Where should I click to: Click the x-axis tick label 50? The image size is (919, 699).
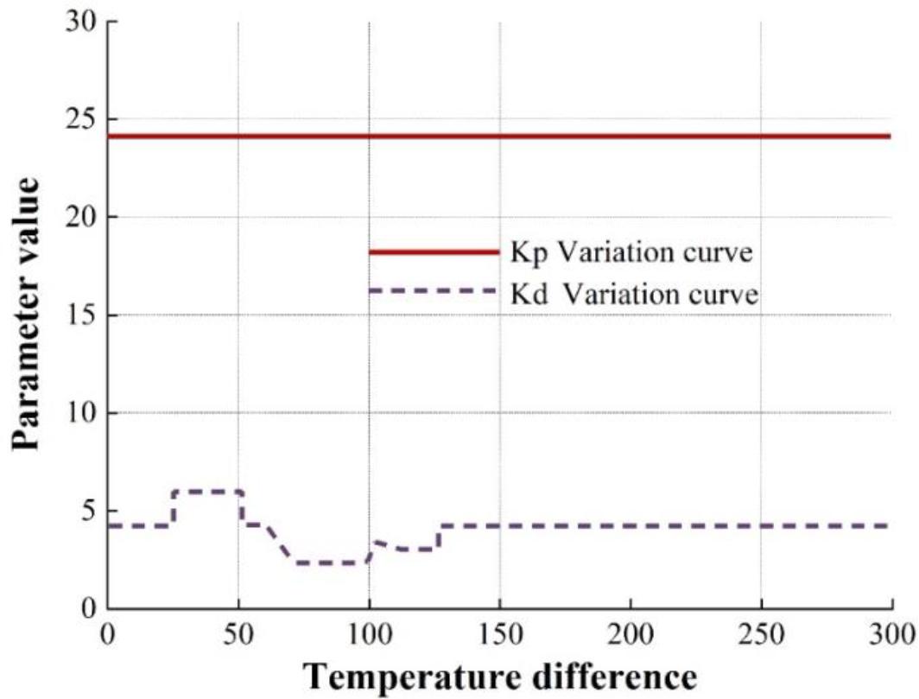238,633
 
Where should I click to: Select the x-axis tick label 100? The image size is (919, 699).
369,633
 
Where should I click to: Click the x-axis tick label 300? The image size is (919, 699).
890,633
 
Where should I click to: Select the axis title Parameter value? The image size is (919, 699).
26,313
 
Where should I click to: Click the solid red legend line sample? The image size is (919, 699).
434,251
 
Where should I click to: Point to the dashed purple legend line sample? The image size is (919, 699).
434,291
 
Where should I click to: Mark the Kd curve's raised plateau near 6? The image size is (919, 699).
207,492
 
